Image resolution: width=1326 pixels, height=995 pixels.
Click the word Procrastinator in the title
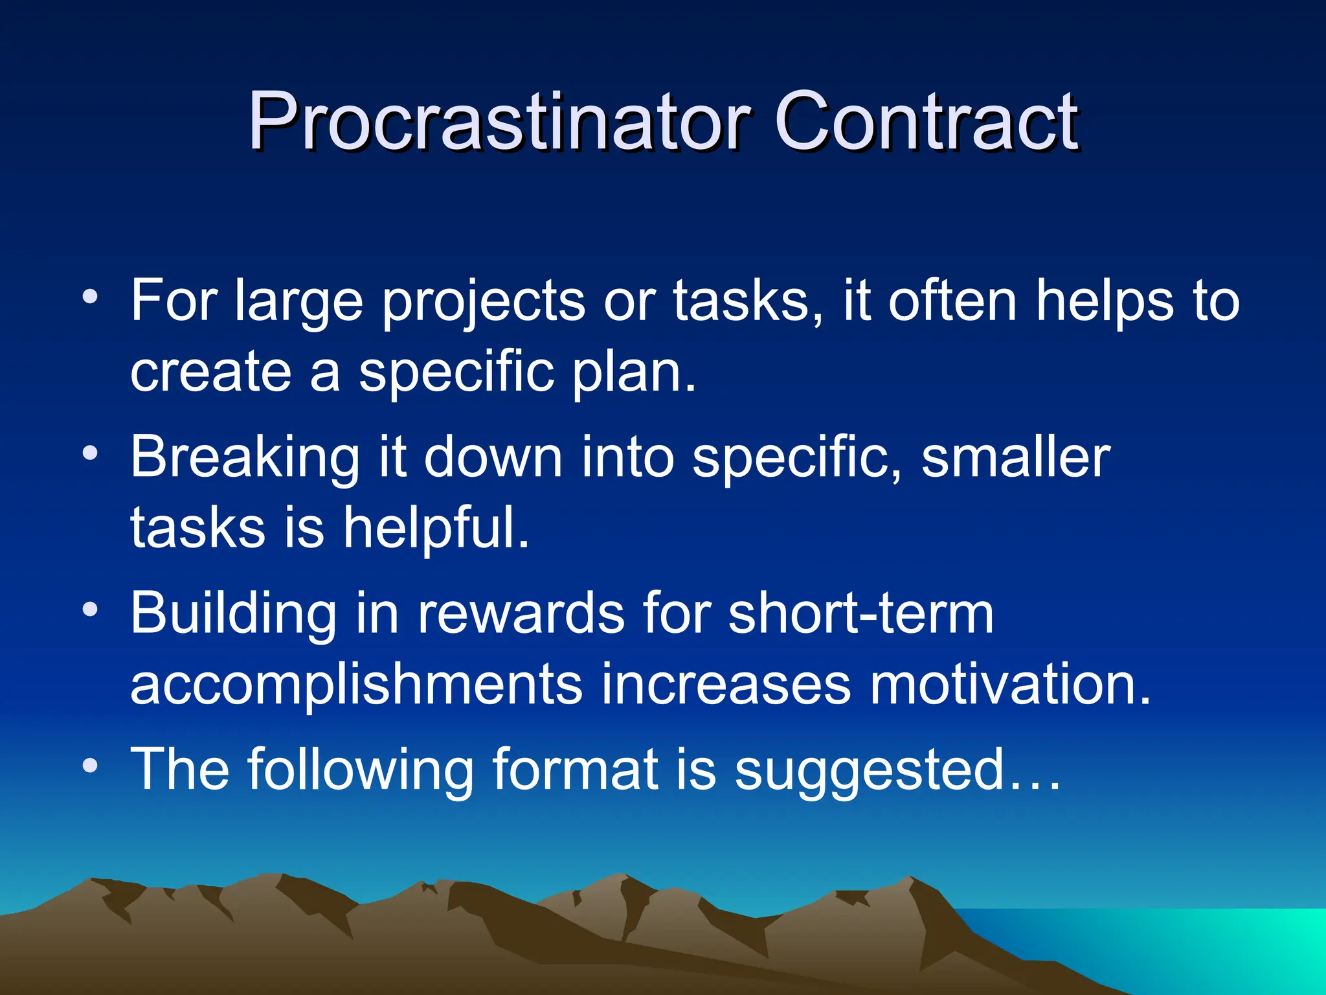[x=499, y=121]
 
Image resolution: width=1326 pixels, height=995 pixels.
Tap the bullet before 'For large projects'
[x=90, y=297]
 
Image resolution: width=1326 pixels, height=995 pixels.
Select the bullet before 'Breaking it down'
[x=90, y=453]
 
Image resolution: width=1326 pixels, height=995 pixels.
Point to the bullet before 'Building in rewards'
[x=90, y=609]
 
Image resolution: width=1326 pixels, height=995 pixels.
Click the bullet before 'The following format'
[x=90, y=766]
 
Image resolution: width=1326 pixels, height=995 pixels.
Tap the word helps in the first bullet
[x=1105, y=301]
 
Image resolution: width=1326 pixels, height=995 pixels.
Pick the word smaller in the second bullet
[x=1015, y=457]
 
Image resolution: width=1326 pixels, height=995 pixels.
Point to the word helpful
[x=436, y=528]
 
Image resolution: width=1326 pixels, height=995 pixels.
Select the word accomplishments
[x=356, y=685]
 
